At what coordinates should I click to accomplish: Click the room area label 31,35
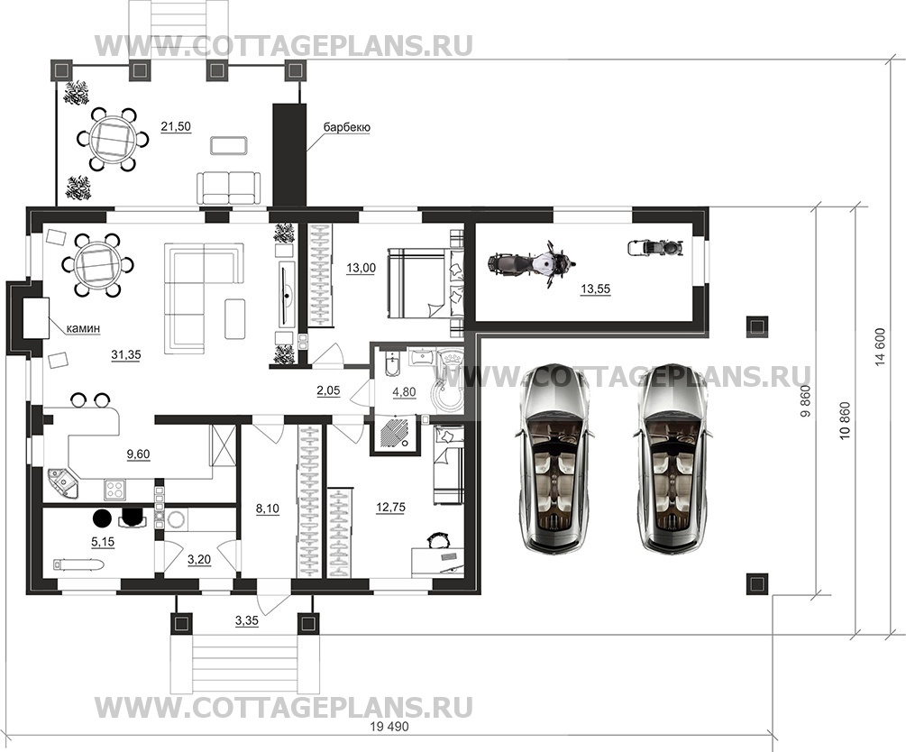click(126, 355)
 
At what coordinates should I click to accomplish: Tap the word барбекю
click(347, 127)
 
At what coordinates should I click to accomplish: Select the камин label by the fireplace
click(83, 328)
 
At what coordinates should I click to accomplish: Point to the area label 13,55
click(595, 289)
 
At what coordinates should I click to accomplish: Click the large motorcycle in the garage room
click(532, 263)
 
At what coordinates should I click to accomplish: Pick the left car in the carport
click(553, 458)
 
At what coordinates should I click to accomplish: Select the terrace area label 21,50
click(176, 126)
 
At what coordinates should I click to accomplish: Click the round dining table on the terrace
click(113, 140)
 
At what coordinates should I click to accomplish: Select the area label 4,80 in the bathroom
click(404, 392)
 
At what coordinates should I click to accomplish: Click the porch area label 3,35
click(247, 621)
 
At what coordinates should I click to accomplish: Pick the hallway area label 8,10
click(268, 509)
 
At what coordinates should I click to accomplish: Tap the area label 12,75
click(390, 507)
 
